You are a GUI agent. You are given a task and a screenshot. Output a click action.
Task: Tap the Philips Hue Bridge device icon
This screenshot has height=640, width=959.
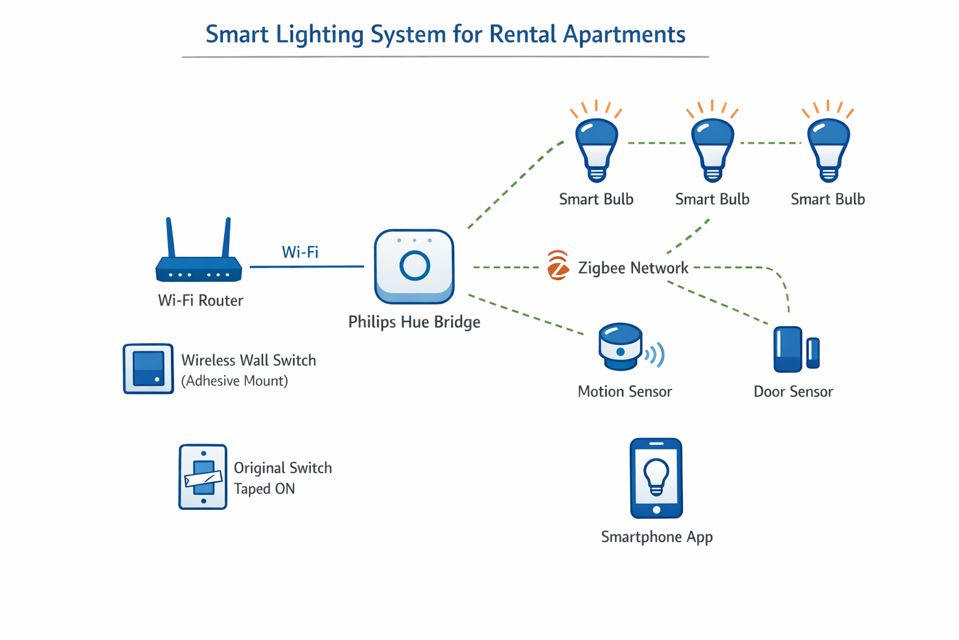[x=414, y=267]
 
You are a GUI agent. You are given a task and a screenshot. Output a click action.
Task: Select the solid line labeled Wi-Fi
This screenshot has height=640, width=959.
[x=307, y=266]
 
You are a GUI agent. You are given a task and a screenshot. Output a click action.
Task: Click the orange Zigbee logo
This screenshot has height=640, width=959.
[x=558, y=266]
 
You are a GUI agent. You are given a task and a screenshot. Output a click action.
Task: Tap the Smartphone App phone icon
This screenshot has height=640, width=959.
[x=656, y=478]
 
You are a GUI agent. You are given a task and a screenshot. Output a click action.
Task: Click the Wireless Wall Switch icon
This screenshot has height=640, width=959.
[x=148, y=369]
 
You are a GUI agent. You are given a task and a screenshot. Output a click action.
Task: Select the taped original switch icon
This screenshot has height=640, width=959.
[x=203, y=477]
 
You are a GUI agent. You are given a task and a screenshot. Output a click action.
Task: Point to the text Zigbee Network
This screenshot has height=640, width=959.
[x=633, y=268]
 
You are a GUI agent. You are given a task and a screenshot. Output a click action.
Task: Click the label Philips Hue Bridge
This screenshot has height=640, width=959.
[x=414, y=322]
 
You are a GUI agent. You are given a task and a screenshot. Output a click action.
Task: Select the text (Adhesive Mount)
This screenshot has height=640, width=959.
[x=235, y=381]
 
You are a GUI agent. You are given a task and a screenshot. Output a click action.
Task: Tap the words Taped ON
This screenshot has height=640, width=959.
[x=264, y=489]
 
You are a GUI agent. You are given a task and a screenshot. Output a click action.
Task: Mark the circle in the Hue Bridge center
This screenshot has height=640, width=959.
[x=415, y=266]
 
